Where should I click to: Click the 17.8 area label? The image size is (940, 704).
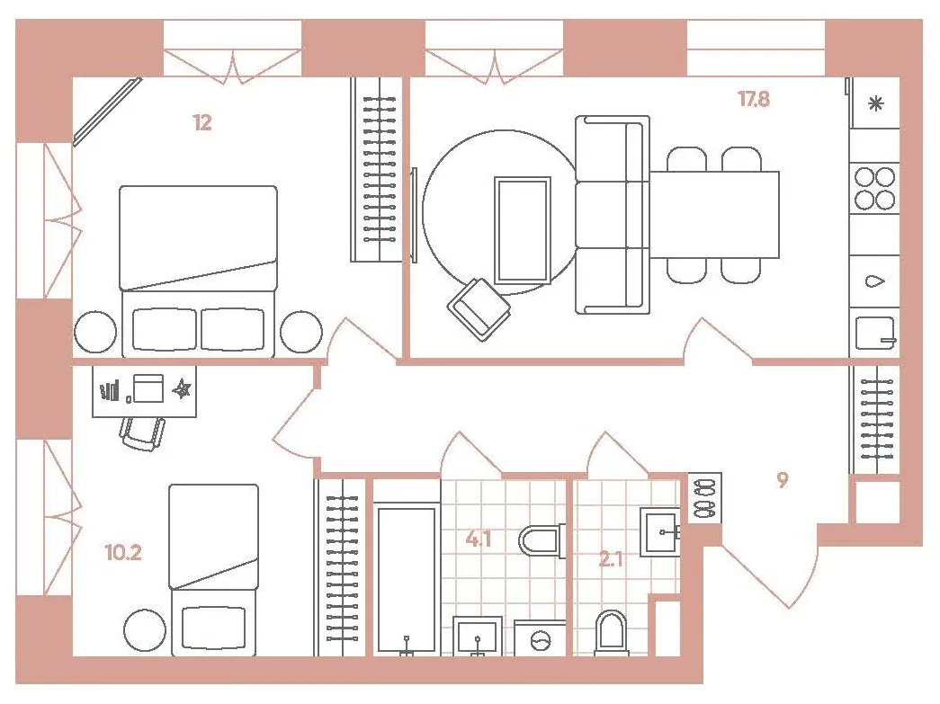click(x=754, y=99)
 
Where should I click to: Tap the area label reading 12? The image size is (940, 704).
click(x=202, y=123)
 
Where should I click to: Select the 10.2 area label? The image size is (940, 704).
click(x=123, y=552)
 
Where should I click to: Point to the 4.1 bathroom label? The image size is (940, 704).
click(x=479, y=539)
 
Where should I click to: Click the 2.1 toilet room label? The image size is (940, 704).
click(x=610, y=559)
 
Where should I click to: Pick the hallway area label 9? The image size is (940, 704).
click(x=783, y=480)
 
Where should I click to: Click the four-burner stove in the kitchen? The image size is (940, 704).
click(x=874, y=188)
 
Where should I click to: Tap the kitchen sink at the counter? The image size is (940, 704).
click(x=875, y=333)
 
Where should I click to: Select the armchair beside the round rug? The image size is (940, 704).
click(x=479, y=309)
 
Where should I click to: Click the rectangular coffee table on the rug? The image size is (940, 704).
click(x=522, y=230)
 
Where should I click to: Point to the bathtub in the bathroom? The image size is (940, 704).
click(x=407, y=579)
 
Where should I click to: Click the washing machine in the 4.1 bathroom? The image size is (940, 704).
click(x=540, y=638)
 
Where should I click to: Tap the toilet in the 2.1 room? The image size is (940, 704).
click(x=611, y=633)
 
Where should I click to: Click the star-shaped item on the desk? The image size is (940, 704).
click(x=182, y=389)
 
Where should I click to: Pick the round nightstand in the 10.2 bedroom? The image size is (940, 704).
click(x=145, y=630)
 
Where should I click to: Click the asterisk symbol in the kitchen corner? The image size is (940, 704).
click(x=876, y=104)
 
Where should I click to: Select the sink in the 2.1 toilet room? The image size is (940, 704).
click(x=660, y=532)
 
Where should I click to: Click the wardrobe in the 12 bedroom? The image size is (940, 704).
click(x=376, y=170)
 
